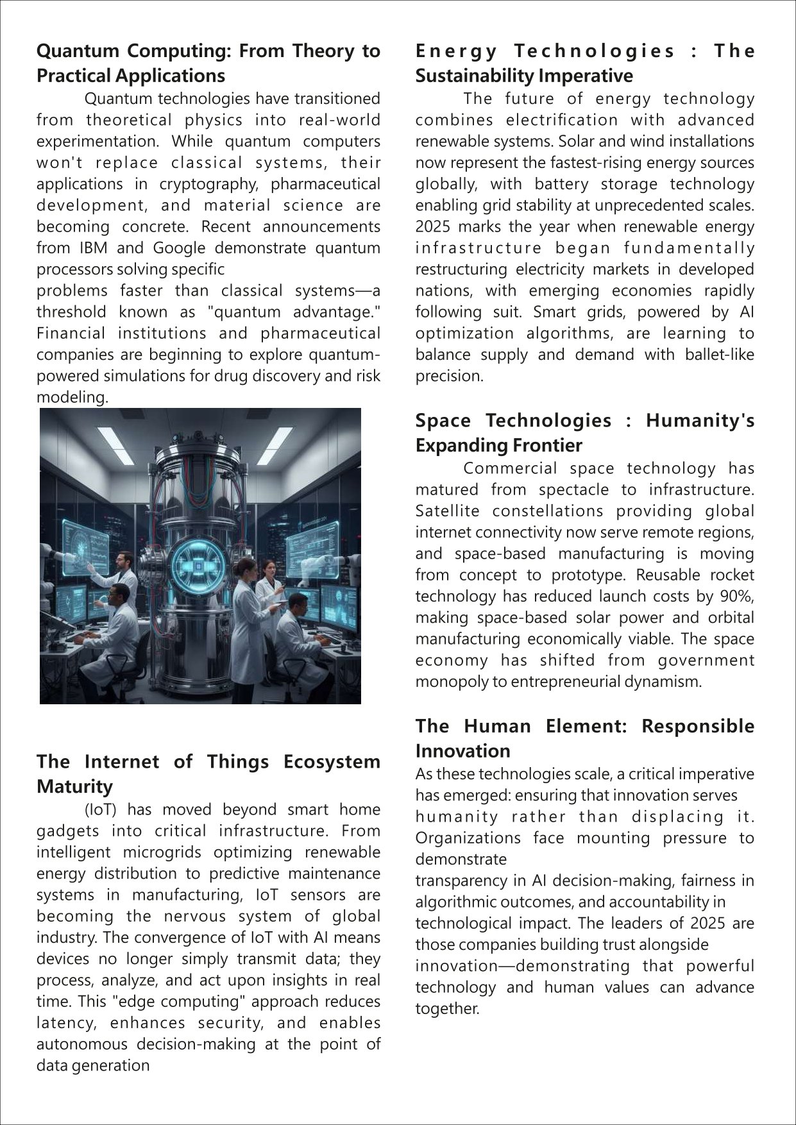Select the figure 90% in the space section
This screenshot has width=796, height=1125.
click(x=738, y=596)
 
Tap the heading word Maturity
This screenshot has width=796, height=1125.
click(x=74, y=786)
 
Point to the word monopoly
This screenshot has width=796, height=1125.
click(x=444, y=682)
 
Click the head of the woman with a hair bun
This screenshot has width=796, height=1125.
click(x=246, y=567)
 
